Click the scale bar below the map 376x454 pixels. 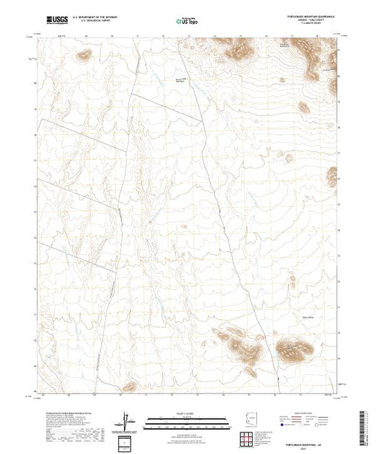(187, 422)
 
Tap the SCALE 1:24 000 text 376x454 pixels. (187, 413)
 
